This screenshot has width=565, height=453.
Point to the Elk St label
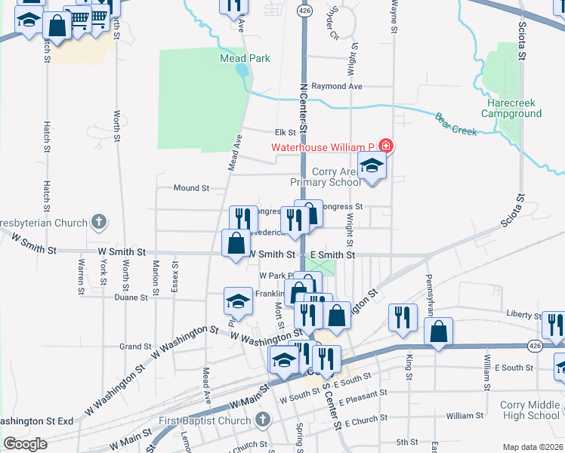284,132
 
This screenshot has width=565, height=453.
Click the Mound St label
190,188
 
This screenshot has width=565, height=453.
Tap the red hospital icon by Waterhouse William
386,146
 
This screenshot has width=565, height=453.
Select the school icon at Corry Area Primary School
372,165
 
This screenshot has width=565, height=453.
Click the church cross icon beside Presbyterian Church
98,223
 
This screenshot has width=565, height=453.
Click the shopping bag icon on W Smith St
236,244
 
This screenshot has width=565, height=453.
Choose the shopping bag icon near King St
438,331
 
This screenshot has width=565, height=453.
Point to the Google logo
25,445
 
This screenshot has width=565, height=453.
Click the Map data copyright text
532,447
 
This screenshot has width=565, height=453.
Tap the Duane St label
136,297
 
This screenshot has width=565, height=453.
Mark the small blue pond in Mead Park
241,72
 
